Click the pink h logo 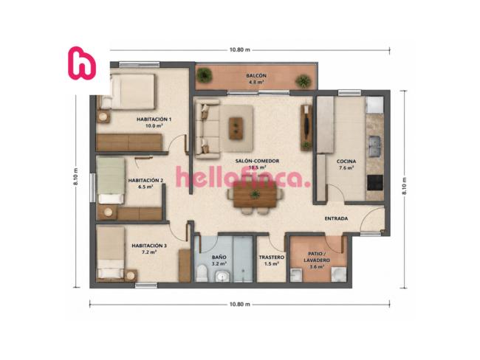click(82, 63)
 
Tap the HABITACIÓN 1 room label click(154, 120)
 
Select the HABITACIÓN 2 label click(145, 181)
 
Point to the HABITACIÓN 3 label click(149, 246)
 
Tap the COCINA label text click(346, 162)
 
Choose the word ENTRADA click(336, 218)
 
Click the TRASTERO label click(272, 257)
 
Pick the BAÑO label click(219, 257)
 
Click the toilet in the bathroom click(202, 273)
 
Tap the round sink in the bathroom click(222, 277)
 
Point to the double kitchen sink click(374, 146)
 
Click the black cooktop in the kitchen click(375, 183)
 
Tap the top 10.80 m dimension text click(240, 50)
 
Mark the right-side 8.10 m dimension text click(405, 186)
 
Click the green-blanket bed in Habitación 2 click(111, 181)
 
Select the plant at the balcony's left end click(204, 75)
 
